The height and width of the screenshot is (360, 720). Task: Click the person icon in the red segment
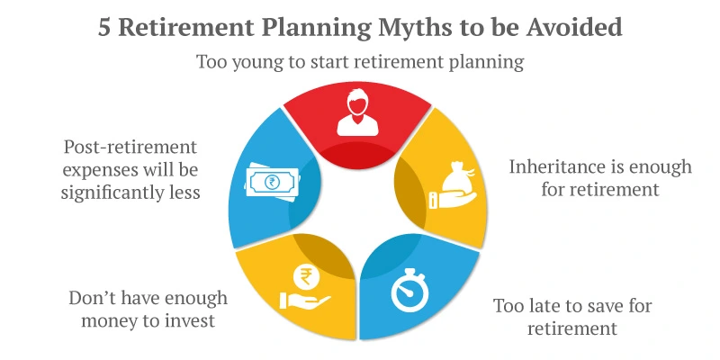point(358,114)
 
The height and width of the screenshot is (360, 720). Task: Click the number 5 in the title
point(105,27)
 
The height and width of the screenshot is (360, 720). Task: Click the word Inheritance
point(555,167)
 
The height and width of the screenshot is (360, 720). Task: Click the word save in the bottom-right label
point(608,306)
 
